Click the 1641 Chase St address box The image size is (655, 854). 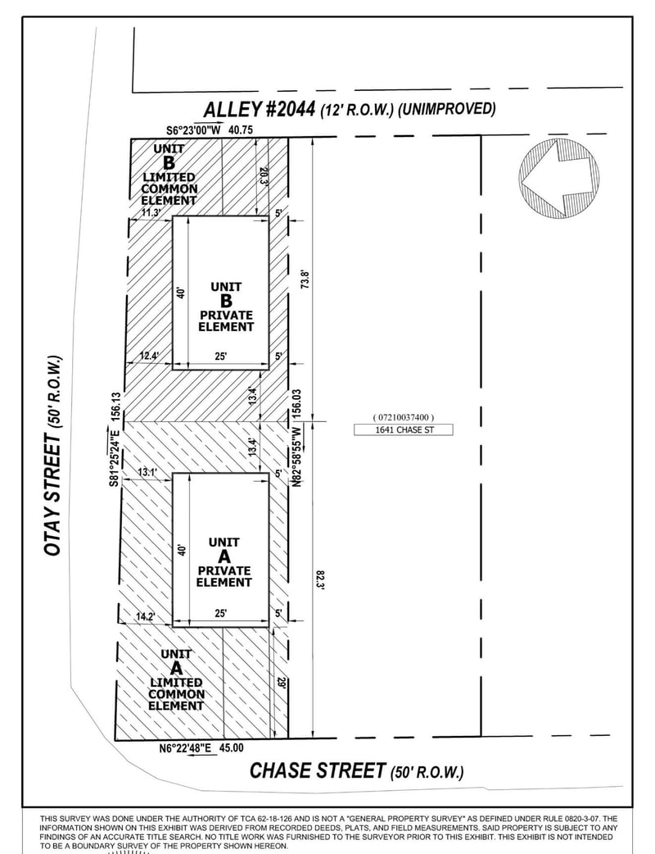click(x=403, y=429)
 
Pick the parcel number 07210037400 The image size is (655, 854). click(x=403, y=417)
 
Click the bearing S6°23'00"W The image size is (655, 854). click(x=194, y=130)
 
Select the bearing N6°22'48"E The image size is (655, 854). click(x=186, y=748)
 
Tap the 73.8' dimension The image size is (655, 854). click(x=305, y=280)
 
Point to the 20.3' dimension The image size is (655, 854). click(x=264, y=175)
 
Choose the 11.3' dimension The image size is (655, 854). click(x=151, y=212)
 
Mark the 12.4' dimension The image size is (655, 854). click(x=149, y=357)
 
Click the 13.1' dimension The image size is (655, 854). click(x=147, y=472)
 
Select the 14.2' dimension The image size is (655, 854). click(x=145, y=616)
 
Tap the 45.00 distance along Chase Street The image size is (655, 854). click(x=231, y=748)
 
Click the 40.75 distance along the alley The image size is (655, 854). click(x=241, y=130)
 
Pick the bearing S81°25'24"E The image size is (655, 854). click(x=115, y=456)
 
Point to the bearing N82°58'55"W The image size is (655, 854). click(x=297, y=457)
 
